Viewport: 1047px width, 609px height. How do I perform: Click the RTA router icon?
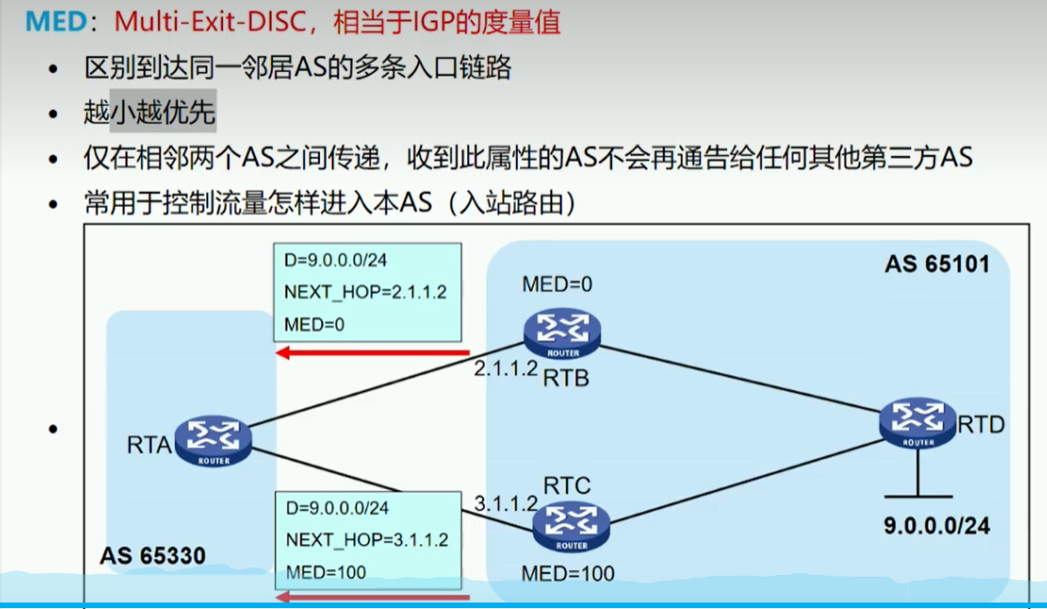pos(213,441)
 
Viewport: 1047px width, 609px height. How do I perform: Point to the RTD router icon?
pos(918,424)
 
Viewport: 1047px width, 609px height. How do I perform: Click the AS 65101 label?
pos(936,264)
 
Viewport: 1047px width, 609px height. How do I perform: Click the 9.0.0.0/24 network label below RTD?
pos(936,525)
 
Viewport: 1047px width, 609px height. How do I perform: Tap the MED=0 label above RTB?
pos(557,284)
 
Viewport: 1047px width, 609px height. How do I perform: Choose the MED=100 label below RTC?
pos(568,574)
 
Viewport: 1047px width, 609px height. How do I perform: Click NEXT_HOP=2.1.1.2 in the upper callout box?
pos(365,292)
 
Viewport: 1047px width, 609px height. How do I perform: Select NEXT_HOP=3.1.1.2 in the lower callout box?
pos(366,540)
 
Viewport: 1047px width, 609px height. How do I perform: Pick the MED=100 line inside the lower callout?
pos(326,572)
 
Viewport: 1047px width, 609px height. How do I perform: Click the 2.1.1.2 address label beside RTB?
pos(506,369)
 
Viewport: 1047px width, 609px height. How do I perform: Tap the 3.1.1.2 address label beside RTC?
pos(506,504)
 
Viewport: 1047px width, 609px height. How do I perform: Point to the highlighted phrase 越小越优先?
pos(149,114)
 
